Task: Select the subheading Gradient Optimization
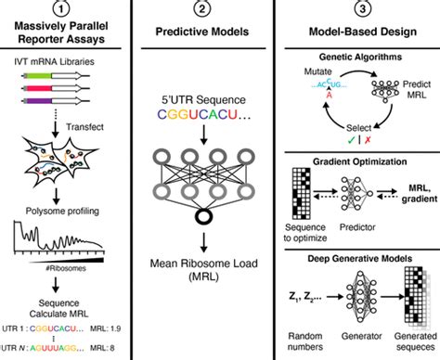point(366,160)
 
